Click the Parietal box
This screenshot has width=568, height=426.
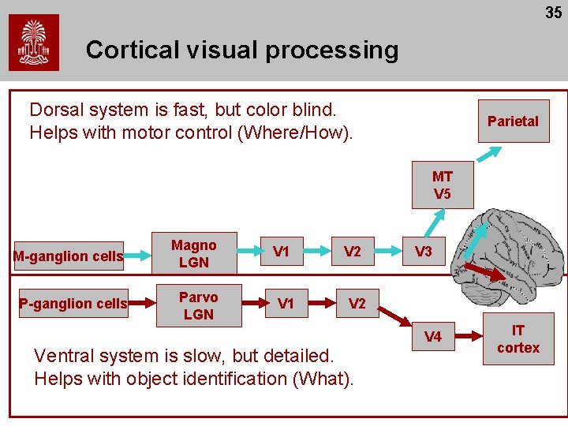tap(513, 121)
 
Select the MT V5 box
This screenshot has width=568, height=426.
tap(443, 185)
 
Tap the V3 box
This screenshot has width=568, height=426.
tap(424, 252)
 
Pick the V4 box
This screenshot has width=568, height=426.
tap(433, 338)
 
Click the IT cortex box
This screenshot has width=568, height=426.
tap(518, 339)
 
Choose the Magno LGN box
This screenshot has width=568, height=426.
tap(193, 253)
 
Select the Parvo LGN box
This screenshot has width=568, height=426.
tap(198, 305)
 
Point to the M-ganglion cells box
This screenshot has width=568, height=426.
tap(69, 256)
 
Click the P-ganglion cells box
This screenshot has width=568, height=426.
tap(73, 305)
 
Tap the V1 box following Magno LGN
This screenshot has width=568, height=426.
tap(281, 252)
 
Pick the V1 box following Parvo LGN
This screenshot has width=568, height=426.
tap(286, 304)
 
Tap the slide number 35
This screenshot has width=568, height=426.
tap(553, 13)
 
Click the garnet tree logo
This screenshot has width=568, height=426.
tap(33, 43)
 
